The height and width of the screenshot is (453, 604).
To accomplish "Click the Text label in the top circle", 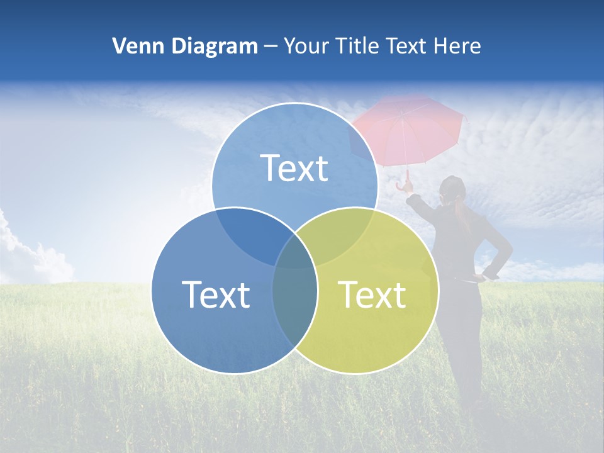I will [x=294, y=168].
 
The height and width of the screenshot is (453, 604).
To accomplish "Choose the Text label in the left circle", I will [x=216, y=294].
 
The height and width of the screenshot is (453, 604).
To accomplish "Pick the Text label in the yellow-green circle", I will [x=372, y=294].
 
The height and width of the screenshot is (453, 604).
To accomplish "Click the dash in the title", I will [x=271, y=47].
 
